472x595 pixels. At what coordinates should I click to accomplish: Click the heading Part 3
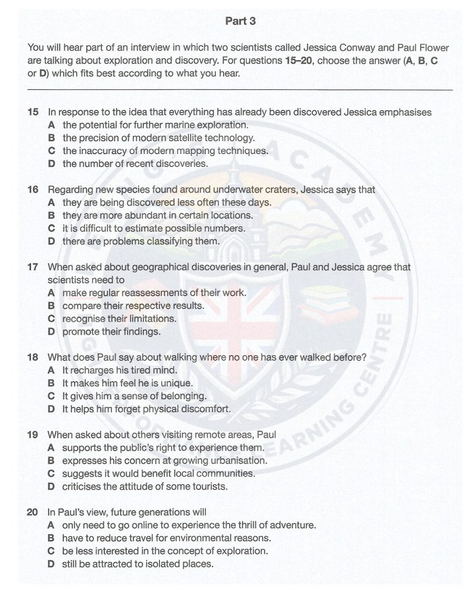(x=240, y=22)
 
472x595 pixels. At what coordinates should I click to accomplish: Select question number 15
(x=33, y=112)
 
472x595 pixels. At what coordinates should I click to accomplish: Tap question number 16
(x=33, y=190)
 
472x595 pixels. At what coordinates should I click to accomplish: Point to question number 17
(x=33, y=267)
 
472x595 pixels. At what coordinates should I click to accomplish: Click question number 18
(x=33, y=357)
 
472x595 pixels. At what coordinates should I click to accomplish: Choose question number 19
(x=33, y=434)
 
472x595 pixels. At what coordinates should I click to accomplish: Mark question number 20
(x=33, y=512)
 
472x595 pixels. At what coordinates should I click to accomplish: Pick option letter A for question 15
(x=52, y=125)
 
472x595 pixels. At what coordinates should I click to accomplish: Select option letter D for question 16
(x=52, y=241)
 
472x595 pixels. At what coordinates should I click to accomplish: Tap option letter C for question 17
(x=52, y=319)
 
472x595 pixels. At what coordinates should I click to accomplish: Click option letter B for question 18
(x=52, y=383)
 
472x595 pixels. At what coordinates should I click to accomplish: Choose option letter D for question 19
(x=52, y=486)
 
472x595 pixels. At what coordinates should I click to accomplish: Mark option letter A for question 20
(x=52, y=525)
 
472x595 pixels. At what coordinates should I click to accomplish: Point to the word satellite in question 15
(x=181, y=138)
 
